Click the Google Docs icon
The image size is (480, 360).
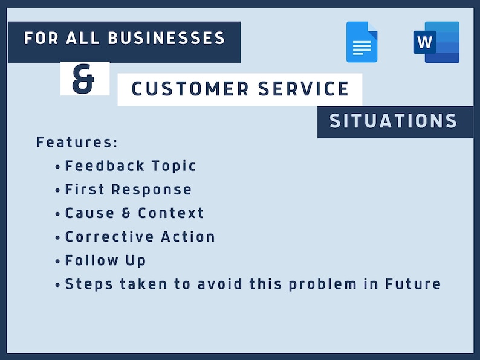pyautogui.click(x=362, y=42)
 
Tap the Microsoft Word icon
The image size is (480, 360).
pyautogui.click(x=437, y=42)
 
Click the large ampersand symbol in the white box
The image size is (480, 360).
pyautogui.click(x=84, y=80)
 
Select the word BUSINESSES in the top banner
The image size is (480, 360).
pyautogui.click(x=167, y=39)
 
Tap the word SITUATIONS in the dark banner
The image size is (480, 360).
pyautogui.click(x=394, y=121)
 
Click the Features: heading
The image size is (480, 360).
pyautogui.click(x=77, y=143)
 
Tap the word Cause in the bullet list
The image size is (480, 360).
pyautogui.click(x=91, y=213)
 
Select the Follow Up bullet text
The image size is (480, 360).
pyautogui.click(x=105, y=260)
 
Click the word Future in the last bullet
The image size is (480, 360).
pyautogui.click(x=413, y=284)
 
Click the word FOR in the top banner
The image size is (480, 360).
pyautogui.click(x=39, y=39)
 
